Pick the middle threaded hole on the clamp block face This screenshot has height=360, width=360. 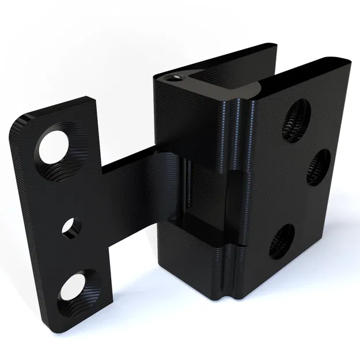pos(318,167)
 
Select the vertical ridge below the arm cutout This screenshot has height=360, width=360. pos(230,271)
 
